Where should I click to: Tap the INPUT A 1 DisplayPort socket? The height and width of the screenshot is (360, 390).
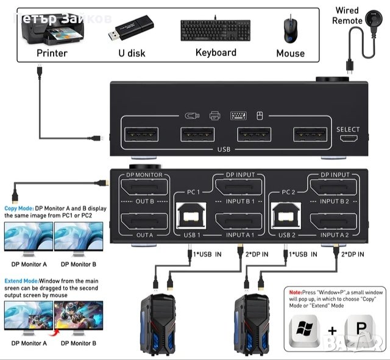240,224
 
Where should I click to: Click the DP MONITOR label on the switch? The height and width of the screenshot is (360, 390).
144,175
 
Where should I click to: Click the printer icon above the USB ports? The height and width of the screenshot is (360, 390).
214,115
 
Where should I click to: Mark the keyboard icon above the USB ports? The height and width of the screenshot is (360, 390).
237,115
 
